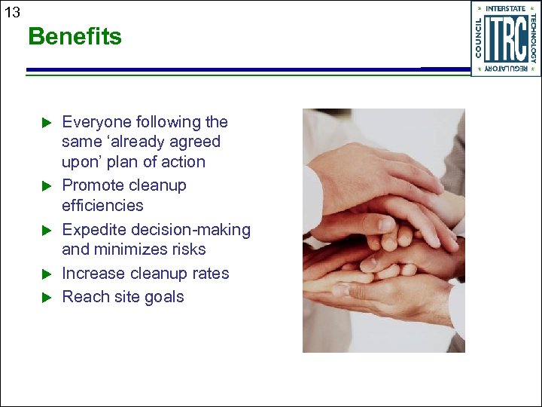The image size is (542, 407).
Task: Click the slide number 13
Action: coord(11,11)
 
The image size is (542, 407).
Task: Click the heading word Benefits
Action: coord(75,37)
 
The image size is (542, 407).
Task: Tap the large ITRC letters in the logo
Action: coord(505,38)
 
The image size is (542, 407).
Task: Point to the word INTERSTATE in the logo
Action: coord(506,9)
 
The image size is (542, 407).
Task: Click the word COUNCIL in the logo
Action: coord(478,38)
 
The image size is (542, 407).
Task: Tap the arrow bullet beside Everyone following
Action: coord(44,122)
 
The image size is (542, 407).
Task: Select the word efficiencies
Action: coord(102,206)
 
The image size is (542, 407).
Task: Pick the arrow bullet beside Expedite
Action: coord(44,230)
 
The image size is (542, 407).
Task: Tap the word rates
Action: coord(210,274)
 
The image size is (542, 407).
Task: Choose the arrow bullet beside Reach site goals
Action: coord(44,297)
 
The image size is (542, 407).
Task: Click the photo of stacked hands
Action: coord(383,231)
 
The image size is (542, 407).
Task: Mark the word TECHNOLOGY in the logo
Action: coord(533,38)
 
